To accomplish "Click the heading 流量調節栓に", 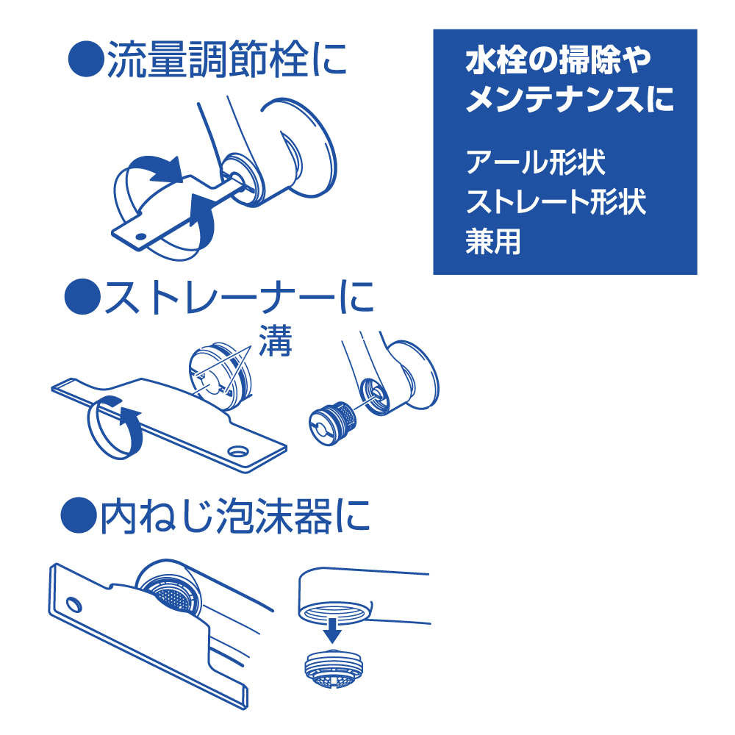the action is tap(227, 60).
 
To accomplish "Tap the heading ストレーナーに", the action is tap(239, 297).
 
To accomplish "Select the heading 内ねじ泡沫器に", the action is tap(235, 516).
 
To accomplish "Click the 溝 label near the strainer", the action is tap(276, 340).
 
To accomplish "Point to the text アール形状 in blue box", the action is tap(536, 162).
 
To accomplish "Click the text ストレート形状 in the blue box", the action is tap(556, 202).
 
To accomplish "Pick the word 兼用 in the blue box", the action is tap(493, 242).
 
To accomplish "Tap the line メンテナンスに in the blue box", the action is tap(570, 99).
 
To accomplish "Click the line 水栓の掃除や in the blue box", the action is tap(558, 60).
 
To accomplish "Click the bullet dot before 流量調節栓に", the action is tap(86, 60).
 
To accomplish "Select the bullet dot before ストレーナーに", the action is tap(82, 297).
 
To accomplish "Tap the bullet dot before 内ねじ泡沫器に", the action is tap(79, 516).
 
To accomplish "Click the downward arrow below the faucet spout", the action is tap(332, 631).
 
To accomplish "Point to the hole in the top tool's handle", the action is tap(140, 236).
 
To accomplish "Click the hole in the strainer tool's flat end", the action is tap(238, 451).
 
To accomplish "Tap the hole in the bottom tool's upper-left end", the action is tap(73, 605).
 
